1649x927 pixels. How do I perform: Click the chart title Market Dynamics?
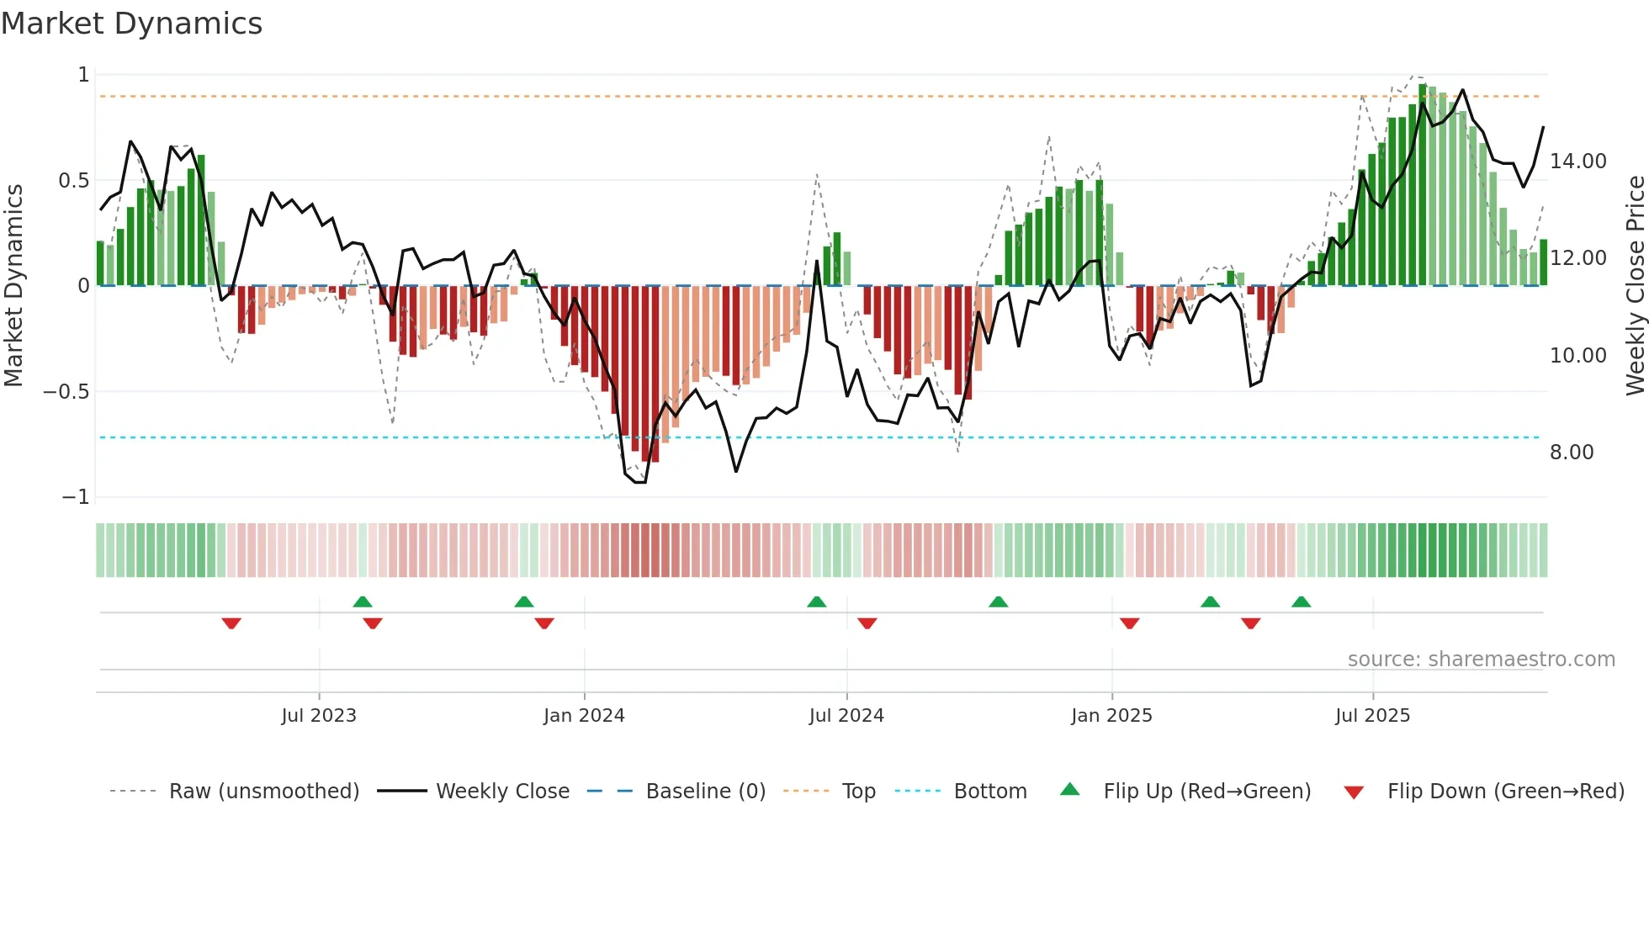132,24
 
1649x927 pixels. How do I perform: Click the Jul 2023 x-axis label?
319,715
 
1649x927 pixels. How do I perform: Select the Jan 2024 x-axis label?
584,715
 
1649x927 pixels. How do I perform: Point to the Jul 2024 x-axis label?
846,715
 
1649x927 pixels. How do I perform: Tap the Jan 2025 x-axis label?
1111,715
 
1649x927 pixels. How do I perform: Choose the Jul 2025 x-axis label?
1372,715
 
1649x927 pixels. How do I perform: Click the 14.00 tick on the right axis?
1577,161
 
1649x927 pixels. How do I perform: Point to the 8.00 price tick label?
1572,453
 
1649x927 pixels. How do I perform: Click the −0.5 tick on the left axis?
66,391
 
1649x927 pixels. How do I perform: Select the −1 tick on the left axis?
75,497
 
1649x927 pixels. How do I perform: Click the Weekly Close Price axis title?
1635,285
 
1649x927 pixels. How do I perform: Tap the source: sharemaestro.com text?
1481,659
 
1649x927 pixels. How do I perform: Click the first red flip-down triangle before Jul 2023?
231,623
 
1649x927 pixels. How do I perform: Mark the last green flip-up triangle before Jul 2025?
1301,601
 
